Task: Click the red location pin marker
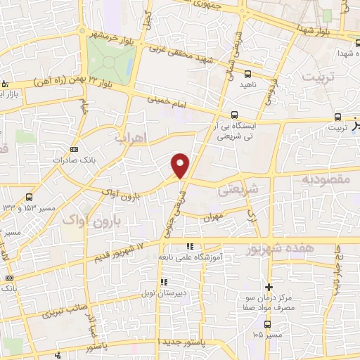181,165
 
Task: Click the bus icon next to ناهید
248,73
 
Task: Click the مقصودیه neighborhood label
326,180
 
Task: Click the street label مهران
212,219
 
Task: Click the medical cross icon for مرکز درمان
267,287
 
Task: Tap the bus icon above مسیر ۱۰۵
267,324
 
